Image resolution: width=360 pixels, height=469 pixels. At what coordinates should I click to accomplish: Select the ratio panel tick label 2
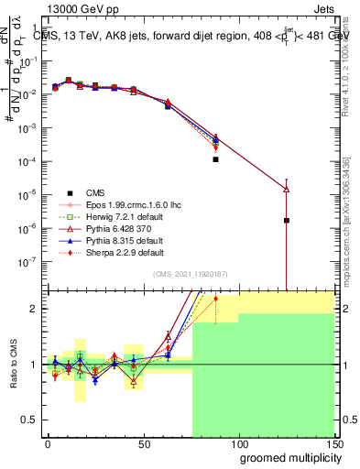(37, 309)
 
